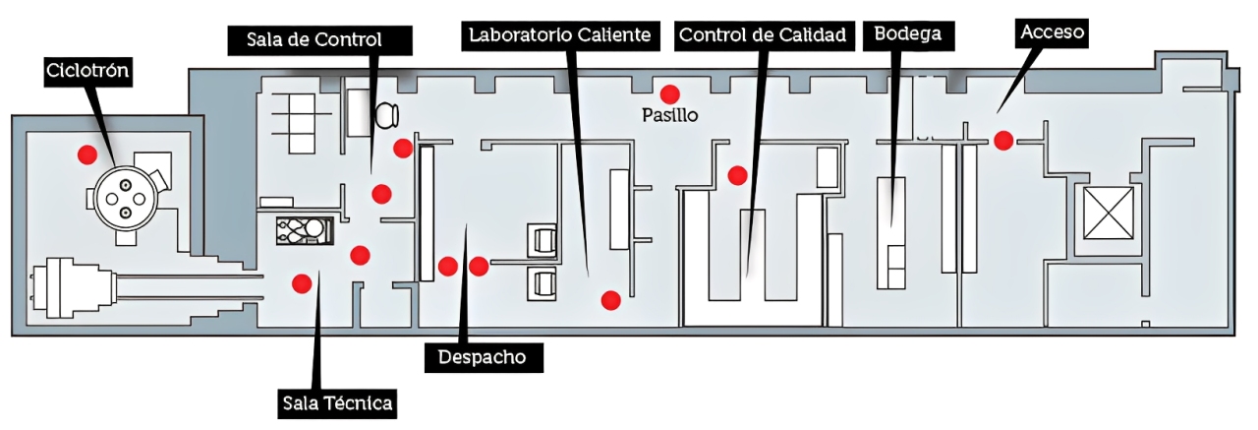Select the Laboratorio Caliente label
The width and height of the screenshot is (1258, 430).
[560, 35]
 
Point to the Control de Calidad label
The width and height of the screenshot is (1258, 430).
[763, 35]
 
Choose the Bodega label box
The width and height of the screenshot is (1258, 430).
[907, 34]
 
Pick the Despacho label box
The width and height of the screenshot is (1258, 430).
[483, 357]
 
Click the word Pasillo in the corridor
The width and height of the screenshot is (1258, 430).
[669, 115]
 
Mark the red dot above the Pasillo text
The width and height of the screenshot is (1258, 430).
[669, 93]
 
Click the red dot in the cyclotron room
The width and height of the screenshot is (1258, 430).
[88, 154]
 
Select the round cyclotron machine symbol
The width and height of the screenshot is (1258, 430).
[127, 200]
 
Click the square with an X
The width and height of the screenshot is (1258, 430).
[1108, 213]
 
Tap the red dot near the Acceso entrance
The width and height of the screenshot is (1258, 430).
[1002, 140]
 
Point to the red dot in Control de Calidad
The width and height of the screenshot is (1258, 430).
[737, 175]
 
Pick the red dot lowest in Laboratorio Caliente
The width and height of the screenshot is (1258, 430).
[610, 299]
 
